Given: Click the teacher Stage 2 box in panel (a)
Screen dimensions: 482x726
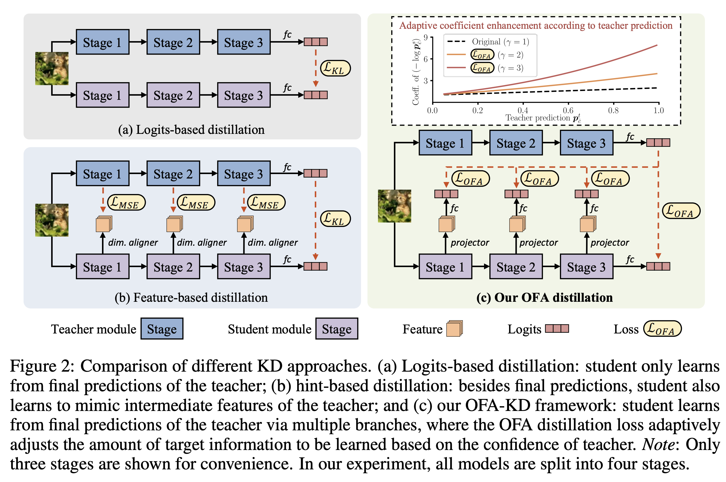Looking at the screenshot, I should point(173,42).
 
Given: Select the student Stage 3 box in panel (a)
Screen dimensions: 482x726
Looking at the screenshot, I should point(243,95).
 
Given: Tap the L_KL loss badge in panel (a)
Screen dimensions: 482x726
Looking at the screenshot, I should point(335,68).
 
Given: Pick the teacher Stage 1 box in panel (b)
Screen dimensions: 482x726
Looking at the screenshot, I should point(103,173).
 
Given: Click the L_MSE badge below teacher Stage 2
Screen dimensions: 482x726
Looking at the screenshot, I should point(196,203).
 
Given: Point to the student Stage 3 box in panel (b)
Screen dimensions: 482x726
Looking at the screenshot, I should point(243,267).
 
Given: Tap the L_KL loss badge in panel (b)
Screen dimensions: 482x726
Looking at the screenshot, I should point(335,219).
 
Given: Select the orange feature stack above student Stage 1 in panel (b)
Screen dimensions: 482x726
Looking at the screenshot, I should point(104,224).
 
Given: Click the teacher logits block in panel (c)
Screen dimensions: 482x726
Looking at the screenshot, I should point(658,143).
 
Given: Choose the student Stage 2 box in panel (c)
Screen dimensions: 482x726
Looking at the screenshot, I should point(516,267).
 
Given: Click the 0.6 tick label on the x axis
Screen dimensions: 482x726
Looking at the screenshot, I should point(568,110).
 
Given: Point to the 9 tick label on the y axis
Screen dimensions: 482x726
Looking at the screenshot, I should point(426,38).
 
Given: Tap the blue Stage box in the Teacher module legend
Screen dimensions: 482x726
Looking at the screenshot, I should point(162,328).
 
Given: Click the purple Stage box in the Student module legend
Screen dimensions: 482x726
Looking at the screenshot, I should point(336,328).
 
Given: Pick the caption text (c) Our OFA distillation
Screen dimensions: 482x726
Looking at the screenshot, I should point(544,297).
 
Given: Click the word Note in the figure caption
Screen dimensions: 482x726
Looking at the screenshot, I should point(658,444).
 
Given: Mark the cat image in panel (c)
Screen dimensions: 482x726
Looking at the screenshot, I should point(394,206).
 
